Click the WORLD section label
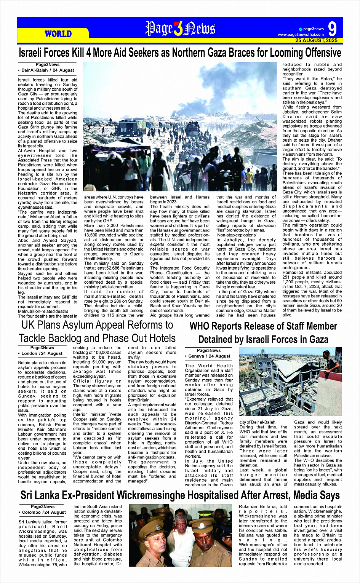[58, 34]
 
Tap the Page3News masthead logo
[180, 29]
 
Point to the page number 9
[332, 29]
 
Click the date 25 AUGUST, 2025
[316, 40]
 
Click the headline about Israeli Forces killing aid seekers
[180, 53]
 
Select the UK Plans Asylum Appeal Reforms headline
[97, 332]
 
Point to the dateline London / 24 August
[42, 353]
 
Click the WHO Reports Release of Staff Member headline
[263, 332]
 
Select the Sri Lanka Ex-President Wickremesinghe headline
[180, 495]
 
